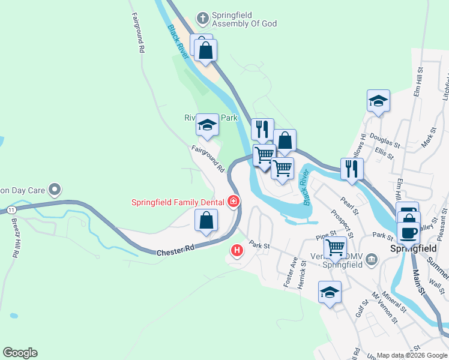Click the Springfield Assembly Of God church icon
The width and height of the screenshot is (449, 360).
[203, 19]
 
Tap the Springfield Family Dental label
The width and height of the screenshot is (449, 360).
[179, 202]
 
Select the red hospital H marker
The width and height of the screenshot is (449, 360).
[237, 250]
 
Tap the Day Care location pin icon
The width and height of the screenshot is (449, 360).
[55, 190]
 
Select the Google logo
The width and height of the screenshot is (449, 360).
[20, 353]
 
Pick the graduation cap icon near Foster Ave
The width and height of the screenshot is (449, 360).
[329, 293]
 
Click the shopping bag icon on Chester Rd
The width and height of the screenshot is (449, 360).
[206, 220]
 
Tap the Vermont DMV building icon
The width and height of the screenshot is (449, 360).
[372, 259]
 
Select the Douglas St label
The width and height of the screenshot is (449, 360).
[384, 140]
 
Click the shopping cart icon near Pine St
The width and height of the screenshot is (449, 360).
[334, 247]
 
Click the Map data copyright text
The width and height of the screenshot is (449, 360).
[411, 355]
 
